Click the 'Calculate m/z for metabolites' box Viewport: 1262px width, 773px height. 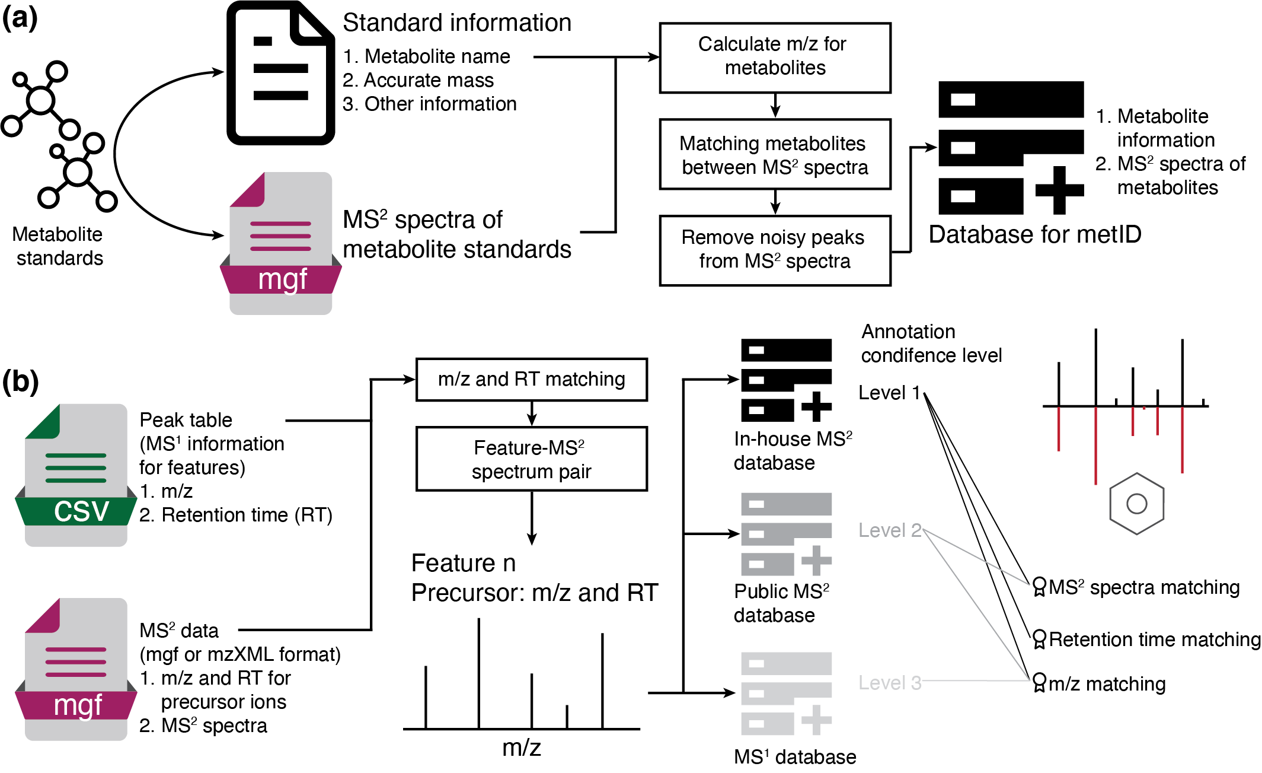(774, 58)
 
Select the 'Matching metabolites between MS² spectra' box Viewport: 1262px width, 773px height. (774, 154)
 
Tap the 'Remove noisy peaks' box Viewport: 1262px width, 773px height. (774, 250)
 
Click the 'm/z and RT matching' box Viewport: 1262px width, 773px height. (531, 379)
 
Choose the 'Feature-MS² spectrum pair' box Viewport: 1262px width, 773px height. (531, 459)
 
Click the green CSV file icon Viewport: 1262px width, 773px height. (76, 475)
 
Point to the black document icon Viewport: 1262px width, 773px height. (280, 73)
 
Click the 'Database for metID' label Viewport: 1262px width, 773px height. (1034, 235)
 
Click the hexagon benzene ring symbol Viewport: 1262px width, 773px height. (1136, 504)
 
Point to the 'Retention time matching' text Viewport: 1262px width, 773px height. (1154, 640)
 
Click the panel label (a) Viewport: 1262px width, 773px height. (20, 19)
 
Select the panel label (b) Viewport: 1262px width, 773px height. (20, 382)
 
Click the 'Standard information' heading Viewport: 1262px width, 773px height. (457, 23)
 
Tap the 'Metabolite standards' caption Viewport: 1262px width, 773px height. (58, 246)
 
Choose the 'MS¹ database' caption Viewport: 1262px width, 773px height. (794, 757)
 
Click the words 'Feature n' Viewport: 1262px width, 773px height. (463, 563)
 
